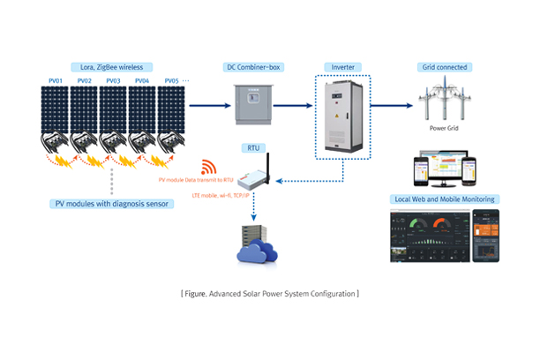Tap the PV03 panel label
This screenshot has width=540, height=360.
[112, 81]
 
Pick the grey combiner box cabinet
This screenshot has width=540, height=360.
[253, 105]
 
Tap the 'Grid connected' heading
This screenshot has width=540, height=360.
[446, 67]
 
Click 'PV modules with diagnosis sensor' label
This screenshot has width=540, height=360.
[112, 204]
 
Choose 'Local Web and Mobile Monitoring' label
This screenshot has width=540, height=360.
[446, 199]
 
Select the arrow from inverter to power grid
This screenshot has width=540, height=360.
[391, 105]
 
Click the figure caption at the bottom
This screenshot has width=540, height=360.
[269, 292]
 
